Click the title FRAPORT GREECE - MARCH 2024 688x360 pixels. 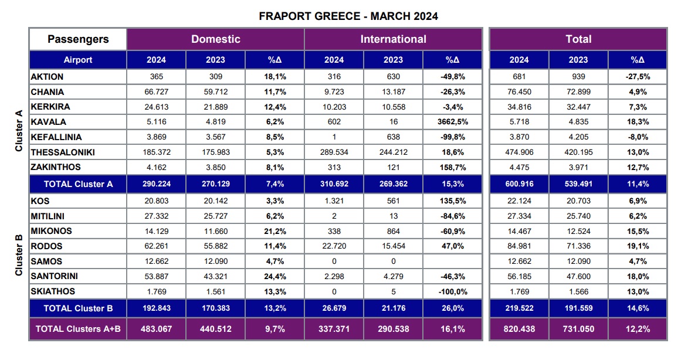pyautogui.click(x=348, y=16)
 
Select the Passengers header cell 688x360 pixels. pyautogui.click(x=78, y=39)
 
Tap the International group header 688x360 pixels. pyautogui.click(x=393, y=39)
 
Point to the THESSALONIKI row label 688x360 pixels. pyautogui.click(x=62, y=152)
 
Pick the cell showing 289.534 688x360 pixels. pyautogui.click(x=334, y=152)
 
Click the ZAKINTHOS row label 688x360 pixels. pyautogui.click(x=56, y=168)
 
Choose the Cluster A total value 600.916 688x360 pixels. pyautogui.click(x=519, y=184)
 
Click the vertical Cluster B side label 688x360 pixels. pyautogui.click(x=18, y=255)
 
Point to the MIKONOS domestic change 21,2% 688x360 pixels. pyautogui.click(x=274, y=232)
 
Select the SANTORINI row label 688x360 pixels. pyautogui.click(x=55, y=276)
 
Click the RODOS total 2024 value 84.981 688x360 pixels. pyautogui.click(x=519, y=246)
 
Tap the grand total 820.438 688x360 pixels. pyautogui.click(x=519, y=329)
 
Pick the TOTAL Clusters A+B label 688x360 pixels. pyautogui.click(x=78, y=329)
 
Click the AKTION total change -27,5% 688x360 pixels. pyautogui.click(x=638, y=77)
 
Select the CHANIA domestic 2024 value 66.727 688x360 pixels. pyautogui.click(x=156, y=92)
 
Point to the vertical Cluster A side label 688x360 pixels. pyautogui.click(x=18, y=131)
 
